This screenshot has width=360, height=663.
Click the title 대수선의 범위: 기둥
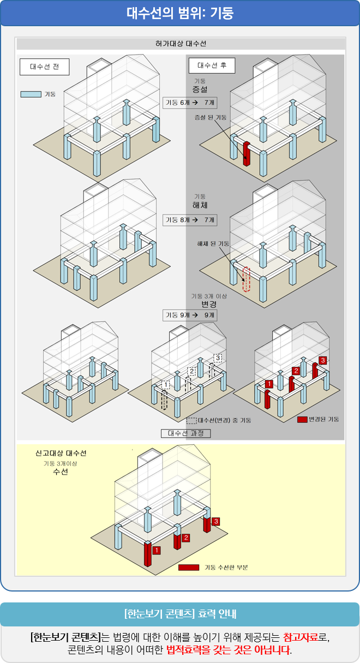pos(180,13)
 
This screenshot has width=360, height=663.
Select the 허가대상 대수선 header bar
pos(181,44)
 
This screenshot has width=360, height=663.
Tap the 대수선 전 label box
pos(45,67)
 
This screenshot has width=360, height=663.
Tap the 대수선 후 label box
pos(212,65)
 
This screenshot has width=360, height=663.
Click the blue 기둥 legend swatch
pos(31,94)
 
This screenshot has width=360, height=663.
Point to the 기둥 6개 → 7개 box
pos(189,103)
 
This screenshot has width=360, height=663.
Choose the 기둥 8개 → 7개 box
pos(189,220)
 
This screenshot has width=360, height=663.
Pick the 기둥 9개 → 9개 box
pos(189,315)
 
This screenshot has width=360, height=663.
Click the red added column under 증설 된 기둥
pos(247,153)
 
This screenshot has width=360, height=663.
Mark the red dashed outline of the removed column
pos(247,279)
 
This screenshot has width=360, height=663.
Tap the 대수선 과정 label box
pos(185,433)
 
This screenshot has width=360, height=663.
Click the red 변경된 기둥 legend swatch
pos(302,419)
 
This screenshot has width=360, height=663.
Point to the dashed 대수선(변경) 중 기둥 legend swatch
pos(191,421)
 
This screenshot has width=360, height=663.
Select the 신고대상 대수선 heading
pos(61,453)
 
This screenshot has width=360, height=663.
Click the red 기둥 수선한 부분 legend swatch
pos(189,568)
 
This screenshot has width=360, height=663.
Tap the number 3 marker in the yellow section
pos(217,522)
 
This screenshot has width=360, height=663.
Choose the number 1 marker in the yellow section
pos(157,550)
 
